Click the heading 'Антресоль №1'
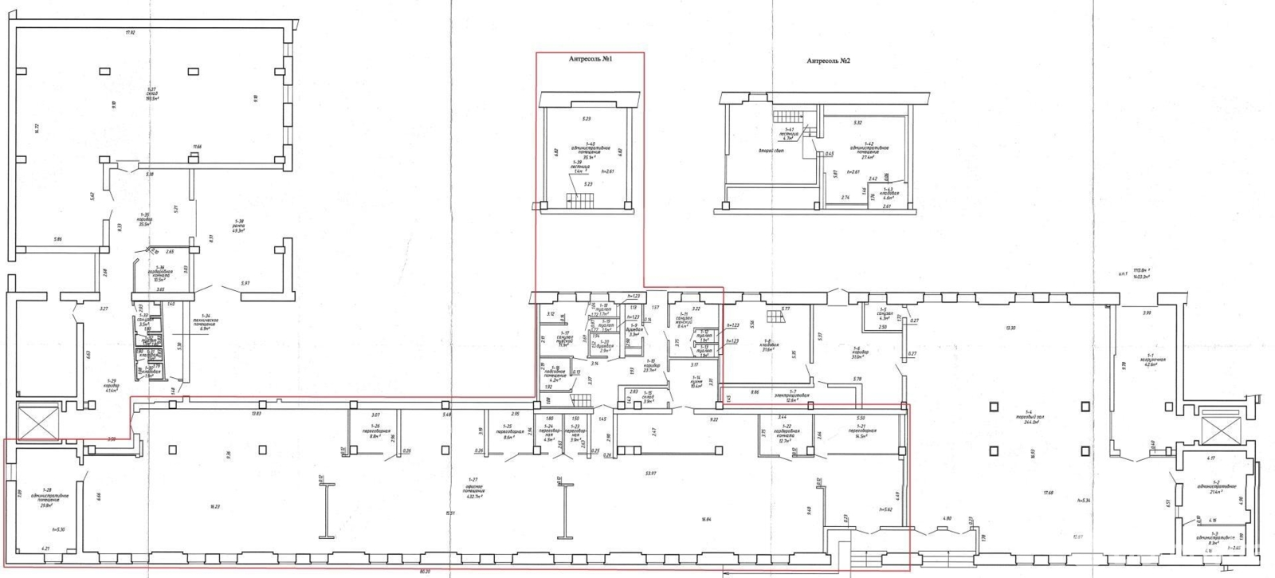point(590,60)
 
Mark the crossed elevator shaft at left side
point(37,422)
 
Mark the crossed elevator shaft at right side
point(1218,431)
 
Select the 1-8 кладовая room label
point(769,345)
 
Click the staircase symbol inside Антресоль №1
point(575,200)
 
